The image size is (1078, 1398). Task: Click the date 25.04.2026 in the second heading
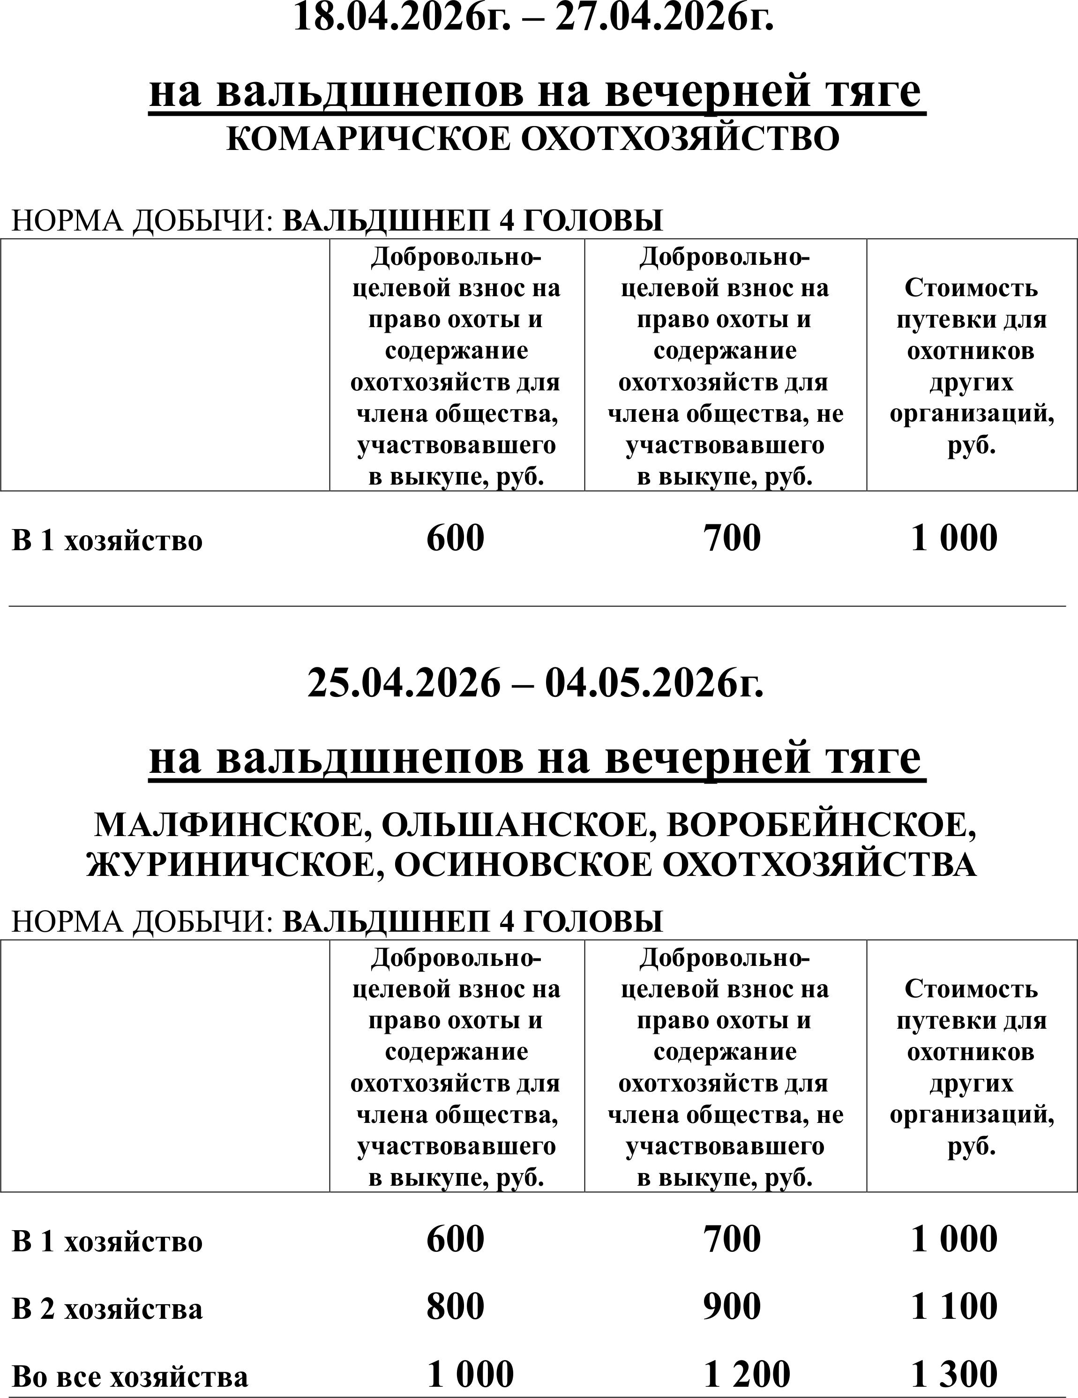tap(403, 682)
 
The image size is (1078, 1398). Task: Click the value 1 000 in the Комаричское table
tap(954, 537)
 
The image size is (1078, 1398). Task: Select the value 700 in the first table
tap(732, 537)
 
